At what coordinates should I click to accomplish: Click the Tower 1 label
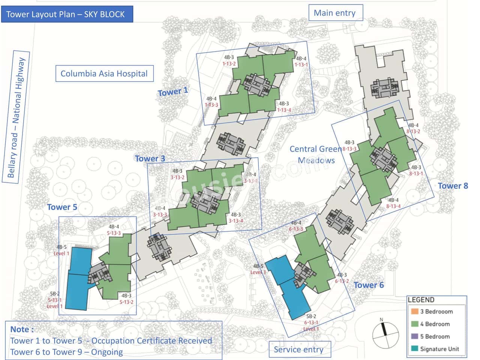(x=173, y=91)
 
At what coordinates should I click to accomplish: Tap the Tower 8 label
(x=453, y=186)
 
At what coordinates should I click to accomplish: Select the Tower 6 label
(x=369, y=285)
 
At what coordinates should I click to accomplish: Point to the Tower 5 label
(x=62, y=207)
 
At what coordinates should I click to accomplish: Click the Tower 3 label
(x=150, y=159)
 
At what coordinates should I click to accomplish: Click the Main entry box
(x=335, y=13)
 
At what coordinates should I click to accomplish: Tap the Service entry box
(x=299, y=349)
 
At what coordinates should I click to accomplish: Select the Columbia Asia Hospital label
(x=104, y=73)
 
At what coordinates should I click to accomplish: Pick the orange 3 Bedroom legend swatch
(x=414, y=311)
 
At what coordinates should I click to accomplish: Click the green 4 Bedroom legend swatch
(x=414, y=324)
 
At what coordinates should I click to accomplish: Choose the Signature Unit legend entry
(x=439, y=349)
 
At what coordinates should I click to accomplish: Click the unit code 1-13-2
(x=229, y=64)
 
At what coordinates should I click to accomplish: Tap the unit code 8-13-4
(x=393, y=206)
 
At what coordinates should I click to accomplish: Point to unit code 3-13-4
(x=236, y=221)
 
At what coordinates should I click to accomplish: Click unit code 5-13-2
(x=126, y=302)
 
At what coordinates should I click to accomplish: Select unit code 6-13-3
(x=296, y=229)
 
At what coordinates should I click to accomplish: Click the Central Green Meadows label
(x=316, y=154)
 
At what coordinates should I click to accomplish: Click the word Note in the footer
(x=21, y=329)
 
